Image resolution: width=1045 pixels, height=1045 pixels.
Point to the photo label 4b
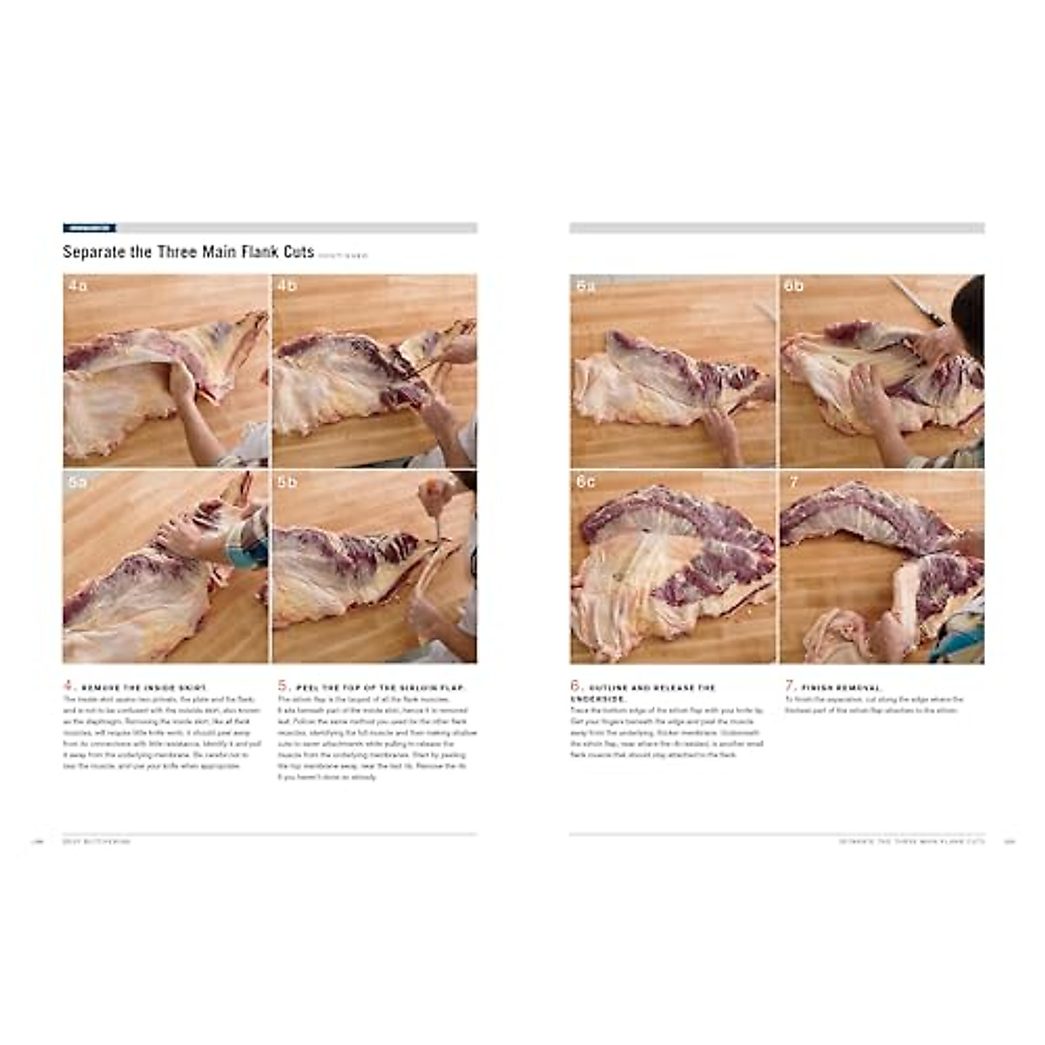[287, 286]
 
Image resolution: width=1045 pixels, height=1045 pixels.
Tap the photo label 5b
[287, 482]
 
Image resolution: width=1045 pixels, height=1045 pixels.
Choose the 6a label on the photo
[585, 286]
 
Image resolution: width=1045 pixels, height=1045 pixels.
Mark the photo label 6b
[793, 286]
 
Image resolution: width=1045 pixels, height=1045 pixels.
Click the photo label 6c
[585, 482]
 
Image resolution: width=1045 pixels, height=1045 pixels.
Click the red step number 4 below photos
[68, 685]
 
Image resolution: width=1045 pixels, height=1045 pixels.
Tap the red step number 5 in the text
[283, 685]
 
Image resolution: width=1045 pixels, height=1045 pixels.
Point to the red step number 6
[576, 685]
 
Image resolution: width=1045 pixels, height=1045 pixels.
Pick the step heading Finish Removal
[829, 688]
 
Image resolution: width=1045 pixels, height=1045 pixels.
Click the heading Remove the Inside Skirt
[145, 688]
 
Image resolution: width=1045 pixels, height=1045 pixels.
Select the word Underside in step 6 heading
[596, 698]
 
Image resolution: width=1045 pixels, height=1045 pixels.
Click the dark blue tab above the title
[89, 228]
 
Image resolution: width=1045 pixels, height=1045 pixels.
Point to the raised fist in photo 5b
[433, 496]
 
